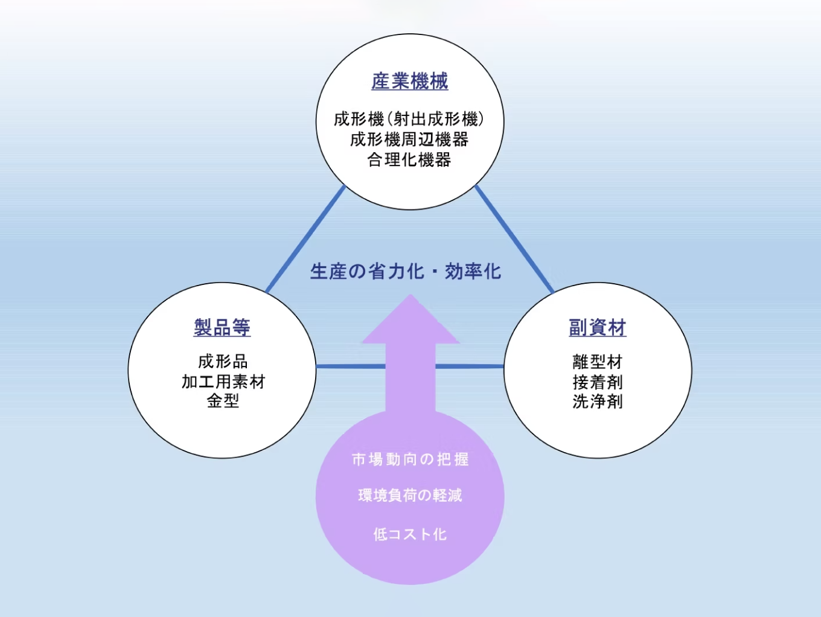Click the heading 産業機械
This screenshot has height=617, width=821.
[410, 81]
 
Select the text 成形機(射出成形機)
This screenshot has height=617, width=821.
[409, 119]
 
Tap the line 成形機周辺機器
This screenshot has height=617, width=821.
[409, 139]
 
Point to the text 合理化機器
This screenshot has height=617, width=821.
[409, 160]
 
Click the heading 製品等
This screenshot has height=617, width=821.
[222, 327]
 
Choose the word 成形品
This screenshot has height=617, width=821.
[223, 361]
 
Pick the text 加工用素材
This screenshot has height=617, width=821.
[223, 382]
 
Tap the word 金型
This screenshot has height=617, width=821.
[223, 401]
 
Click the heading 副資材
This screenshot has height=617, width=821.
[598, 327]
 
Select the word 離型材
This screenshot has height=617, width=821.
[598, 362]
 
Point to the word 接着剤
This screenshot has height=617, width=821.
[598, 382]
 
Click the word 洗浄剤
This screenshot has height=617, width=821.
[598, 401]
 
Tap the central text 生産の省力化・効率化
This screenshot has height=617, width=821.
[406, 272]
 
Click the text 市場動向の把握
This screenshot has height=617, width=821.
[410, 459]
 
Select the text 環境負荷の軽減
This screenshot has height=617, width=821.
[410, 496]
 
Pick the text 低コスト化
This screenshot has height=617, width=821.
[410, 534]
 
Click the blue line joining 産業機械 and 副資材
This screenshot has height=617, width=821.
[514, 239]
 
